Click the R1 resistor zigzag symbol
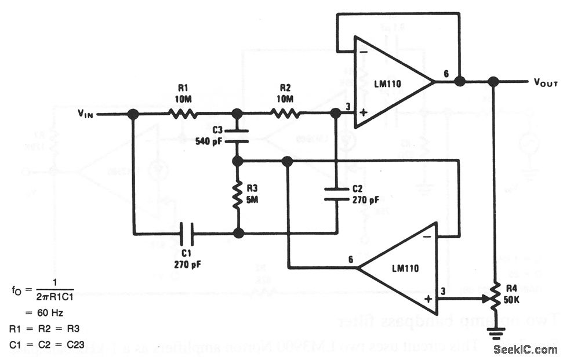(x=184, y=114)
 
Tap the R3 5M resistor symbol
(x=238, y=196)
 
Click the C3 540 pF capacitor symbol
(x=238, y=135)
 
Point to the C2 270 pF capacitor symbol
(x=336, y=193)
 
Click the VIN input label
(x=85, y=114)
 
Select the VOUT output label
(x=545, y=82)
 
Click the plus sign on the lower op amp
(x=428, y=299)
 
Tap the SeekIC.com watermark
(x=525, y=350)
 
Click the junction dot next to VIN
(x=133, y=114)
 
